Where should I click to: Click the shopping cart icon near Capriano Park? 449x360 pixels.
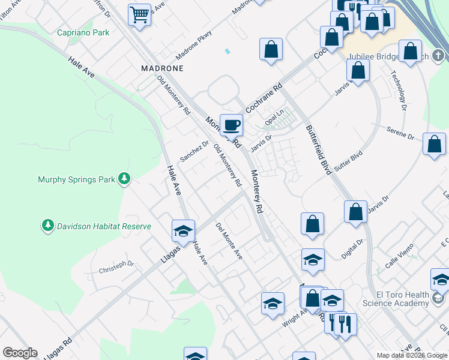[139, 14]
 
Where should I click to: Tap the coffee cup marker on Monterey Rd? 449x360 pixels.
[232, 125]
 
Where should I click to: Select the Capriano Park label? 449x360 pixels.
[83, 33]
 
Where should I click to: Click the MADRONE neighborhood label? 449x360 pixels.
[162, 68]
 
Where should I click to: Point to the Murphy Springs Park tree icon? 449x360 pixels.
[124, 178]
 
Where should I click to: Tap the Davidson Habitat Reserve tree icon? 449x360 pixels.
[47, 226]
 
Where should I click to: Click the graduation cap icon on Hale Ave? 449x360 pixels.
[183, 231]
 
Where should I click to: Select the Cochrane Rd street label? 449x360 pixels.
[264, 96]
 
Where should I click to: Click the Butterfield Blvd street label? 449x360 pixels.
[319, 149]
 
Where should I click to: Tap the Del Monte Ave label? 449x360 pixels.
[229, 241]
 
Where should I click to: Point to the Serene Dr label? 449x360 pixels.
[400, 134]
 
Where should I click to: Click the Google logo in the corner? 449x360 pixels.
[20, 353]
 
